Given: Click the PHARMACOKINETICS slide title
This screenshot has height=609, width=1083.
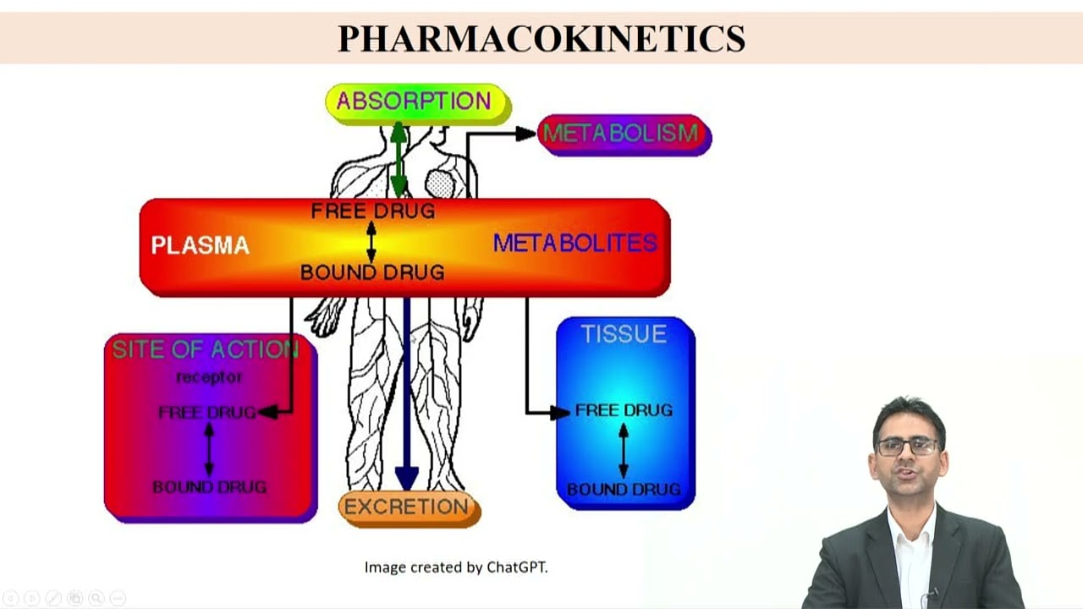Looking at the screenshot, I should [541, 38].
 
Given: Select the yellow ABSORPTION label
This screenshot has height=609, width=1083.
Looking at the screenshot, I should [415, 101].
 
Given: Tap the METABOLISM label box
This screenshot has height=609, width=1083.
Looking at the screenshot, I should [623, 134].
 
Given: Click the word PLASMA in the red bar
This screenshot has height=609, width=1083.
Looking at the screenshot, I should [201, 245].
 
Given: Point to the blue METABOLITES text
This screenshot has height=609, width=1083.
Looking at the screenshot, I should [575, 244].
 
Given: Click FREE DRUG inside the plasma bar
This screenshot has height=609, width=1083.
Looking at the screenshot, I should [373, 211].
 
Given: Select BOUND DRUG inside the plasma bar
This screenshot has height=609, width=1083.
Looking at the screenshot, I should [372, 272].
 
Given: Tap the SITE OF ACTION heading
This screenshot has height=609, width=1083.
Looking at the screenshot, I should [206, 349].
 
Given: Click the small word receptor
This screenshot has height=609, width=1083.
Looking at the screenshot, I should [209, 377].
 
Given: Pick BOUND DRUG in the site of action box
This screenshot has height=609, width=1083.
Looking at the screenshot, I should [209, 487].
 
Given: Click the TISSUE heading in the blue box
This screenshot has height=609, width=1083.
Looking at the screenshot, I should [624, 334].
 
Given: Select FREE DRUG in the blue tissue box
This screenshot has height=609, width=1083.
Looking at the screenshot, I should [624, 410].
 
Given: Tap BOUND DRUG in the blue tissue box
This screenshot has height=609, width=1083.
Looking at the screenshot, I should [624, 489].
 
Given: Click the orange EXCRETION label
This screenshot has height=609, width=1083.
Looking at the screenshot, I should [407, 507].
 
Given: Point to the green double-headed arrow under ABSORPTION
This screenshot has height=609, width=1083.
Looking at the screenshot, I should [399, 161].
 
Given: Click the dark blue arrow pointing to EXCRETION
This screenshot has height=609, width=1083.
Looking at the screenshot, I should [407, 389].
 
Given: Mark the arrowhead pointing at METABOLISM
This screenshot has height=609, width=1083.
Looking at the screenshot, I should [526, 133].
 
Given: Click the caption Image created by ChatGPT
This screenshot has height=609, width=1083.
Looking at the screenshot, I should [456, 567].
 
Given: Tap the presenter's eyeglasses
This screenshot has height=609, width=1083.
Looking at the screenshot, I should [907, 446].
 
